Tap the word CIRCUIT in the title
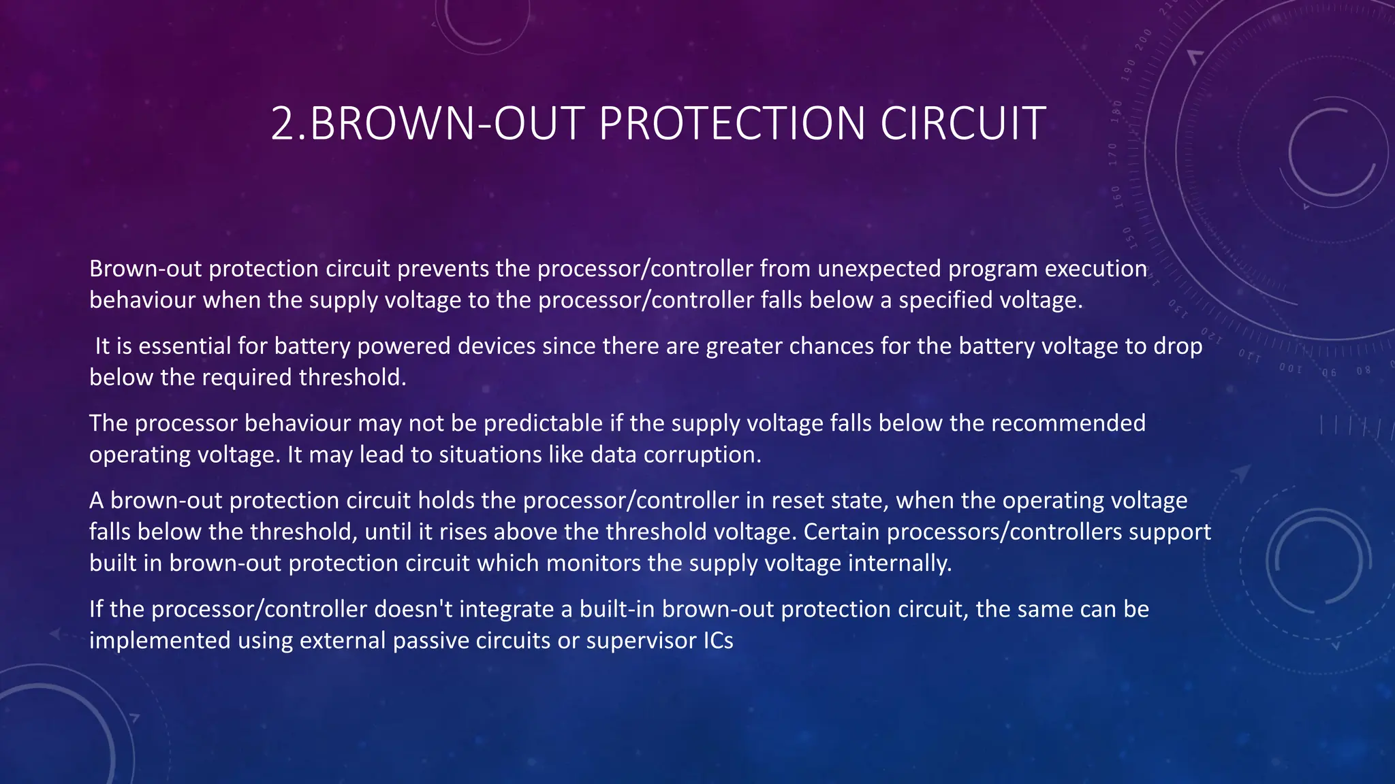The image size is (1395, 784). (x=962, y=124)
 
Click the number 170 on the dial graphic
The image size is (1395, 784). (x=1113, y=154)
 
